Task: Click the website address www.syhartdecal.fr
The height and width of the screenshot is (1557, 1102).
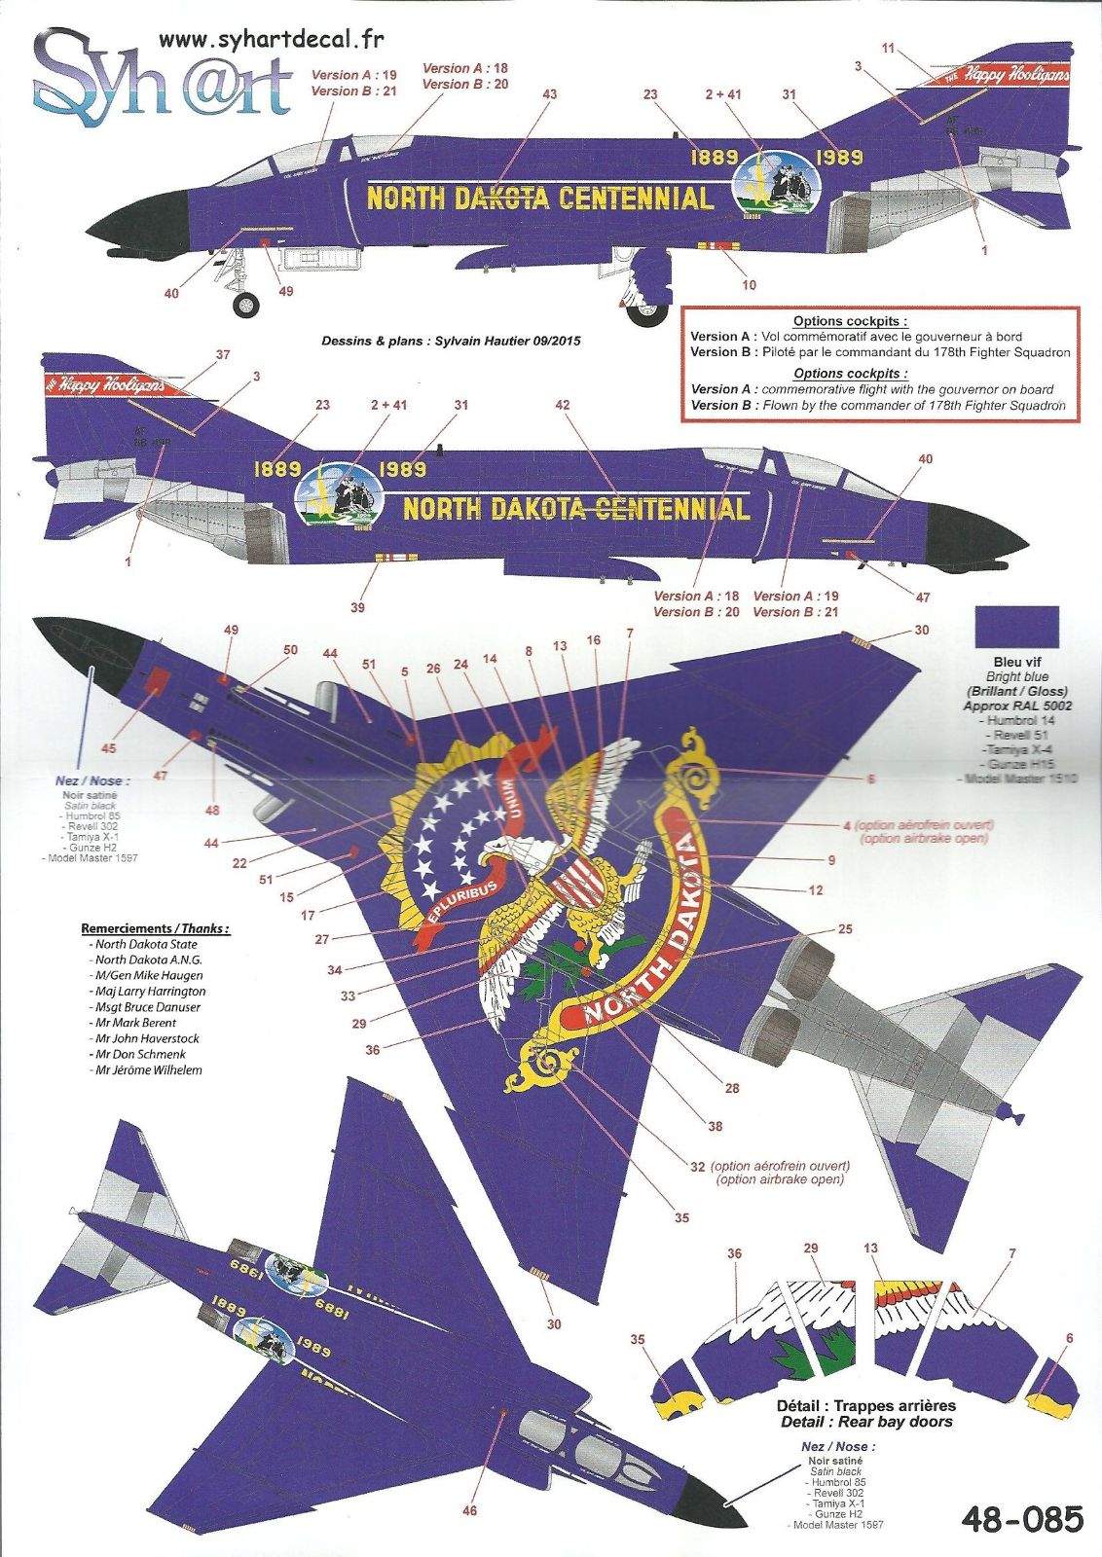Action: click(272, 40)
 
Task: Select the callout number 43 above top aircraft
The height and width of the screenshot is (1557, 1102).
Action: click(549, 94)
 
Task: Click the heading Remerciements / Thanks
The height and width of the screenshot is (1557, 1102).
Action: click(156, 928)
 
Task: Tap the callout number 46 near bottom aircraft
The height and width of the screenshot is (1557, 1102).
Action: click(470, 1510)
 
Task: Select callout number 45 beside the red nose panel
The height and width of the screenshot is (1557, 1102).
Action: click(108, 748)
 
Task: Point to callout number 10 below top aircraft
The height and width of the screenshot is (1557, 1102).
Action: click(749, 284)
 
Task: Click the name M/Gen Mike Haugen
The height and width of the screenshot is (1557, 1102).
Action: click(148, 975)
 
